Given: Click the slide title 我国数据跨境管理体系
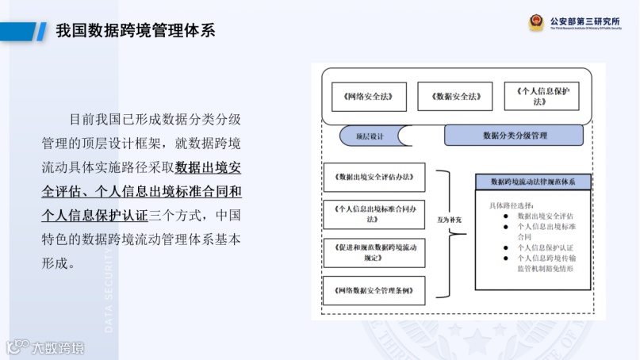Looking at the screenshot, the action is coord(136,31).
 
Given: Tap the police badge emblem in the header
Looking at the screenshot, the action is coord(536,21).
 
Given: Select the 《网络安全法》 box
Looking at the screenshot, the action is coord(369,97).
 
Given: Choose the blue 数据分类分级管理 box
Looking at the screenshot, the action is coord(515,136).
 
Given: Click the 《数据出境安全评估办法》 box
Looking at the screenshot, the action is coord(374,176).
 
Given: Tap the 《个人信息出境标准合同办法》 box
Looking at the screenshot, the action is coord(374,213).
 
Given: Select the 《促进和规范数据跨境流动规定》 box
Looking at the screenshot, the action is coord(374,251).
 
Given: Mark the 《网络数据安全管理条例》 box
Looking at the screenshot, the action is coord(374,289).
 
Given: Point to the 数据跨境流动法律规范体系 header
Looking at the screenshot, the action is coord(533,182).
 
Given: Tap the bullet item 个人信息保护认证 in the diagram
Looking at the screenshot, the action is coord(544,247).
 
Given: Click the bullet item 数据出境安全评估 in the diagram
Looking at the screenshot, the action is coord(545,215).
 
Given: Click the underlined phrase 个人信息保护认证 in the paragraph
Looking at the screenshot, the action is coord(95,214).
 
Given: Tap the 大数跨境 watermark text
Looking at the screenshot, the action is coord(56,347).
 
